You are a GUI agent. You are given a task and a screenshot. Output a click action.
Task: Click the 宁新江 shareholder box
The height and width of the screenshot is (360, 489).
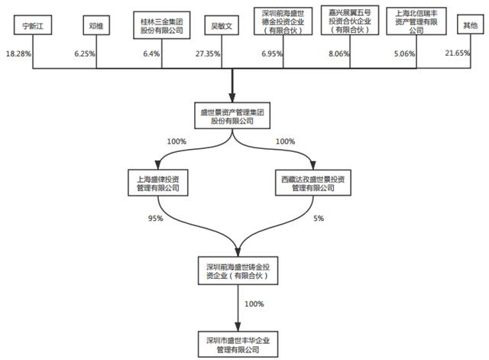coord(31,25)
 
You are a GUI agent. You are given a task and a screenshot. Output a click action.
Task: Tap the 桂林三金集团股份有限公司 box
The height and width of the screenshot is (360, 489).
coord(157,25)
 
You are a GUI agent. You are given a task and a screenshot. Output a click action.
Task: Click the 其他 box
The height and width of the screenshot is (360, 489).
coord(469,25)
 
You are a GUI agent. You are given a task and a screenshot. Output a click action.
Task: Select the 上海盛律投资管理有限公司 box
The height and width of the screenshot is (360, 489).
coord(158,183)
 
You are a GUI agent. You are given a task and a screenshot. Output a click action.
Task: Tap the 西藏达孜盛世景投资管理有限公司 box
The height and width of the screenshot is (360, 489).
coord(313,183)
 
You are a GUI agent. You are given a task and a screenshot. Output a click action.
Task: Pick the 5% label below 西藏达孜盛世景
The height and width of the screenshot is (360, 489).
coord(319,219)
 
